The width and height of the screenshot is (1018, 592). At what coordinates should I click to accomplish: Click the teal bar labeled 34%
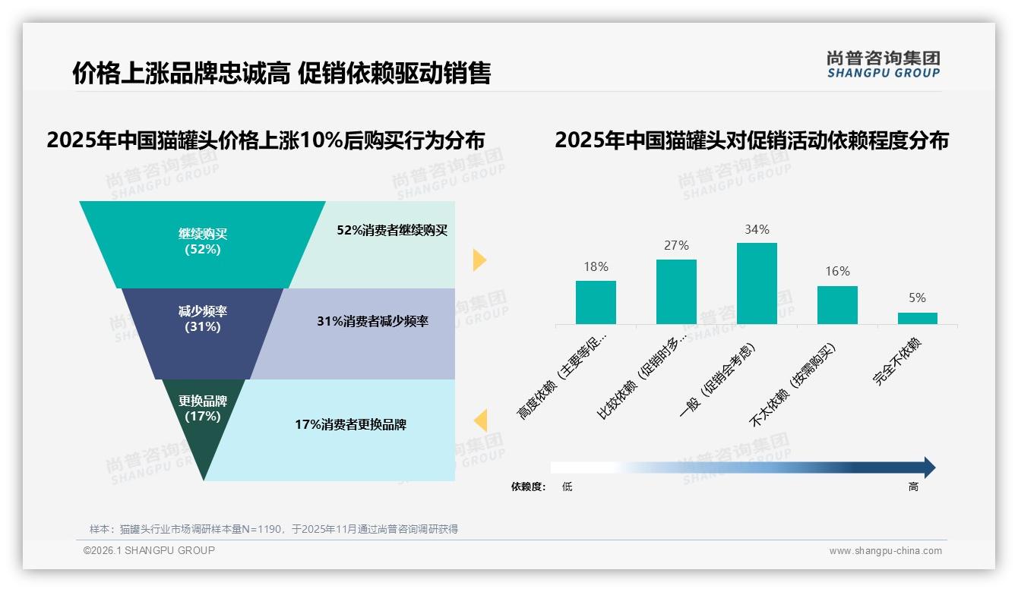[x=757, y=283]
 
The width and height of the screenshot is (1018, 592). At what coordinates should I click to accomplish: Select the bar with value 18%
[x=596, y=302]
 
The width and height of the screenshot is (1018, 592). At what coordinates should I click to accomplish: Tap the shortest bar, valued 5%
[x=917, y=318]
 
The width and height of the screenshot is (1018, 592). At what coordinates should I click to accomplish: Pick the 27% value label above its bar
[x=676, y=245]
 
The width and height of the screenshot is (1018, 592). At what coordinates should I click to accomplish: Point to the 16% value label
[x=837, y=271]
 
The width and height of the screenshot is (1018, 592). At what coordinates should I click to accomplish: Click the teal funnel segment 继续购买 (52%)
[x=202, y=243]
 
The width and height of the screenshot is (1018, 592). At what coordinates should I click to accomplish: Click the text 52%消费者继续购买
[x=392, y=231]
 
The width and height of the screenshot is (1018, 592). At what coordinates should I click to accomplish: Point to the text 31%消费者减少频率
[x=372, y=321]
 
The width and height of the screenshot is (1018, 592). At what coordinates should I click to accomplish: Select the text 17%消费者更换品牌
[x=350, y=425]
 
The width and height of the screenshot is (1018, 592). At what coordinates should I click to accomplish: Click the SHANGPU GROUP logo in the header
[x=883, y=64]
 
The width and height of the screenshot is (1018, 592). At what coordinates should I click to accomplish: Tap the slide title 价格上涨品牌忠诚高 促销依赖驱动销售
[x=282, y=73]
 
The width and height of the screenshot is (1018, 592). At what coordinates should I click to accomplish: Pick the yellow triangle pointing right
[x=479, y=260]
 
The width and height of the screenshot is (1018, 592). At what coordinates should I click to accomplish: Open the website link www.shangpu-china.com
[x=885, y=551]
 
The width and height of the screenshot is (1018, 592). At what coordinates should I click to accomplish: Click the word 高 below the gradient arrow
[x=913, y=487]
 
